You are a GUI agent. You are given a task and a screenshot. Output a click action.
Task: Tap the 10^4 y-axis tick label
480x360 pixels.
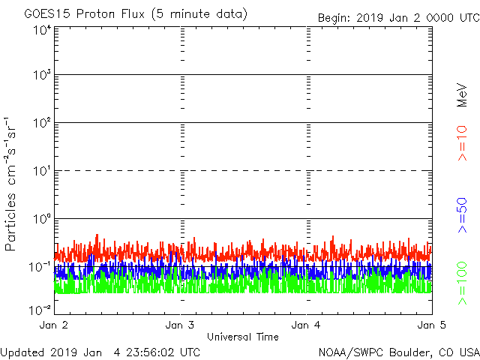[42, 30]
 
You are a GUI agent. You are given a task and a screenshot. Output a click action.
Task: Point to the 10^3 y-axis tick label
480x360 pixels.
[42, 76]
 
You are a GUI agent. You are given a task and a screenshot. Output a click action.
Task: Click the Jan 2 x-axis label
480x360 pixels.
[55, 325]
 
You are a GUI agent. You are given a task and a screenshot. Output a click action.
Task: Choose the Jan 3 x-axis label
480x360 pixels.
[181, 325]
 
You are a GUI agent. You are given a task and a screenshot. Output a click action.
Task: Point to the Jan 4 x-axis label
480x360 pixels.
[306, 325]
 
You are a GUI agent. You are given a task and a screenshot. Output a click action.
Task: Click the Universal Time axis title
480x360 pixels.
[243, 337]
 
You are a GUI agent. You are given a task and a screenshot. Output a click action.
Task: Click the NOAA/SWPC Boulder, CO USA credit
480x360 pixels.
[398, 352]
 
